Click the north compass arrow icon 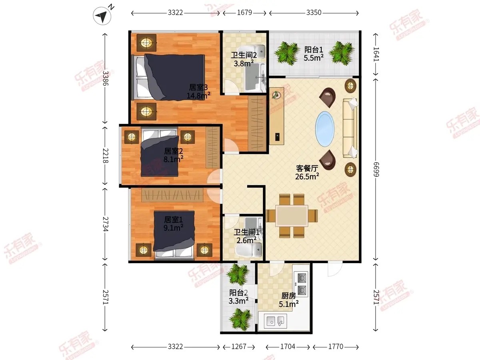[x=102, y=16]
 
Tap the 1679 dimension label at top [x=244, y=13]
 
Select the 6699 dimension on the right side [x=376, y=169]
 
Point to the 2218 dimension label [x=106, y=156]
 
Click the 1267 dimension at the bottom [x=239, y=346]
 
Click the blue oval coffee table [x=325, y=129]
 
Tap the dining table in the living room [x=292, y=216]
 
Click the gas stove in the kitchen [x=301, y=284]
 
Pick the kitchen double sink [x=275, y=321]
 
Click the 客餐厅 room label [x=307, y=168]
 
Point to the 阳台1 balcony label [x=314, y=50]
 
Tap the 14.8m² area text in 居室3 [x=198, y=96]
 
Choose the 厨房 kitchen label [x=288, y=296]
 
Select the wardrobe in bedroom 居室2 [x=212, y=148]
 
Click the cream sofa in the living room [x=350, y=128]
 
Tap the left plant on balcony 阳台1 [x=287, y=53]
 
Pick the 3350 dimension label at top [x=314, y=13]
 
